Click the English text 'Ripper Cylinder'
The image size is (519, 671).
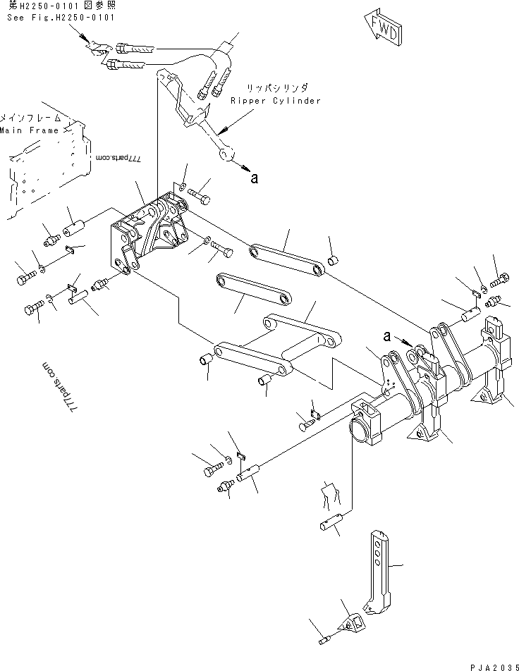coord(275,101)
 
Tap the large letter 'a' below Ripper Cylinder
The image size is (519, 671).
coord(254,178)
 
